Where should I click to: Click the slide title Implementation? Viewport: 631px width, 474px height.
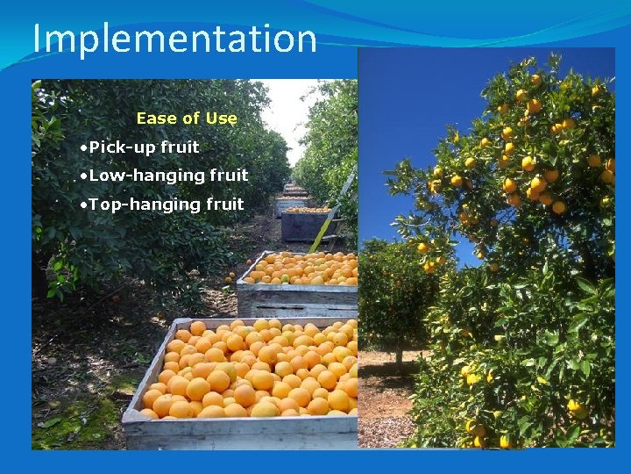pos(174,39)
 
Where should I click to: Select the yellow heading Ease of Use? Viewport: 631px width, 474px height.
pos(187,118)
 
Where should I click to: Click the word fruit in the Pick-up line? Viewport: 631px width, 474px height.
pos(180,147)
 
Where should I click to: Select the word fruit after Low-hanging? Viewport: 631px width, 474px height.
pos(229,176)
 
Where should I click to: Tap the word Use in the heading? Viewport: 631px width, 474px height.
pos(222,118)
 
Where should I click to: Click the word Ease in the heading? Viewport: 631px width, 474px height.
pos(155,118)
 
